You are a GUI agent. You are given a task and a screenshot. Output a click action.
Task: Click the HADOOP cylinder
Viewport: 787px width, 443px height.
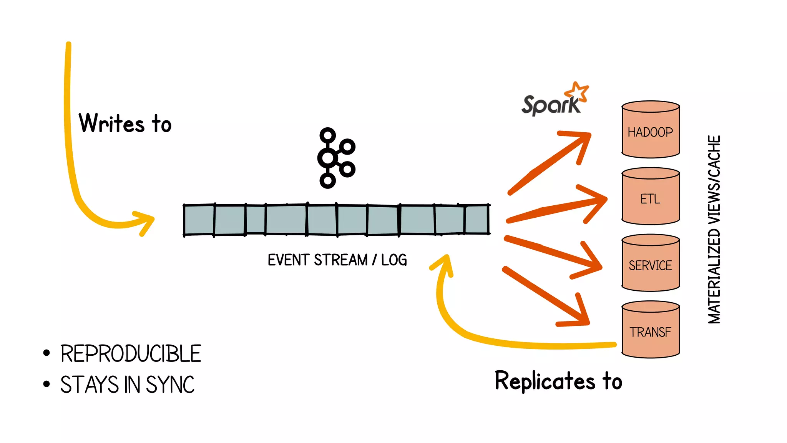coord(651,130)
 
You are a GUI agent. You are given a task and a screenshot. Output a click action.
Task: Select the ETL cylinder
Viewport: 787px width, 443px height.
coord(651,197)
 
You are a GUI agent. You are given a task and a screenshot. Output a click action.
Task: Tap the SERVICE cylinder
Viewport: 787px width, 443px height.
coord(651,263)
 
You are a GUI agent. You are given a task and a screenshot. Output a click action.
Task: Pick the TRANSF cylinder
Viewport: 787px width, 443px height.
coord(651,330)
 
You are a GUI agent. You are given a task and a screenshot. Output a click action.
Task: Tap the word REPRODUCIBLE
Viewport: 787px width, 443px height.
coord(131,354)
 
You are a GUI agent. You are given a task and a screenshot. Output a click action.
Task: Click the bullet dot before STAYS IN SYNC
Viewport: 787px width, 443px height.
coord(46,384)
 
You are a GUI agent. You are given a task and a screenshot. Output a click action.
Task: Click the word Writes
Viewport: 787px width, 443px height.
coord(111,123)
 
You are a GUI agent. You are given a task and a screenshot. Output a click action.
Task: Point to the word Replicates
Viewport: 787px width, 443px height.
coord(545,381)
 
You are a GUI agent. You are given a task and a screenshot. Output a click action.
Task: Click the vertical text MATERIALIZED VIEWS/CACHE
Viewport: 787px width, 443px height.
coord(714,230)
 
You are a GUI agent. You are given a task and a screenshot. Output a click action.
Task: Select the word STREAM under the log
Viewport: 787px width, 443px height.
coord(340,260)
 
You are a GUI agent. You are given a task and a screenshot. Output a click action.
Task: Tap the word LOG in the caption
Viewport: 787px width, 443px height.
coord(394,260)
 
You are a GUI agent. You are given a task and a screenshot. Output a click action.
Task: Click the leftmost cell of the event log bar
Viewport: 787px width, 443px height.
coord(199,220)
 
